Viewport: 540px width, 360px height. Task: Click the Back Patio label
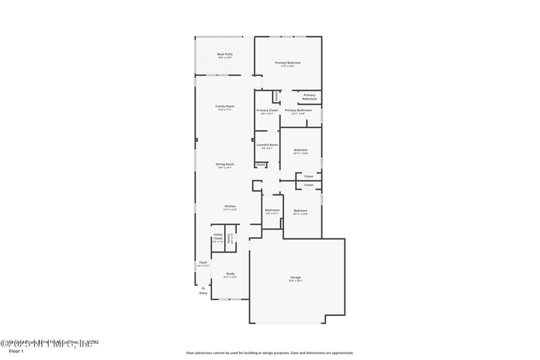point(225,55)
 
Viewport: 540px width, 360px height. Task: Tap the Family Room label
point(225,107)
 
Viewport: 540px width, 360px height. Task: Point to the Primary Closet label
point(267,111)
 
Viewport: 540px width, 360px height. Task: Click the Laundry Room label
point(267,145)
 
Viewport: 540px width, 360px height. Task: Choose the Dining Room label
point(225,165)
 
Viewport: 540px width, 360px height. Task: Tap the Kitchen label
point(230,207)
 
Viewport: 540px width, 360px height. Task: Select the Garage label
point(296,278)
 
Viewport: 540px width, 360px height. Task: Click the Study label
point(230,274)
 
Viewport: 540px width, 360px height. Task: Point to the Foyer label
point(202,263)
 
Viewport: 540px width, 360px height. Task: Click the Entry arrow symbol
point(203,287)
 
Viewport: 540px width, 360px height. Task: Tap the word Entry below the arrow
point(203,293)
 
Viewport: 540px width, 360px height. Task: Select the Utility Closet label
point(218,237)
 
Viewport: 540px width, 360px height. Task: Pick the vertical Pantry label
point(230,238)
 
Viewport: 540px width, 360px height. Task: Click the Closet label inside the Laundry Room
point(261,164)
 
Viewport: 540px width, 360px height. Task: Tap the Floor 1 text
point(16,351)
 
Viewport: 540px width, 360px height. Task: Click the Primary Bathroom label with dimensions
point(298,111)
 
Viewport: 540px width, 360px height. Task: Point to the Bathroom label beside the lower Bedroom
point(272,211)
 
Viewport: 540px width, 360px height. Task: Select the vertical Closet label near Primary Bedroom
point(275,97)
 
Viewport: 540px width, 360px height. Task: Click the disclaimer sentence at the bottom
point(269,353)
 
